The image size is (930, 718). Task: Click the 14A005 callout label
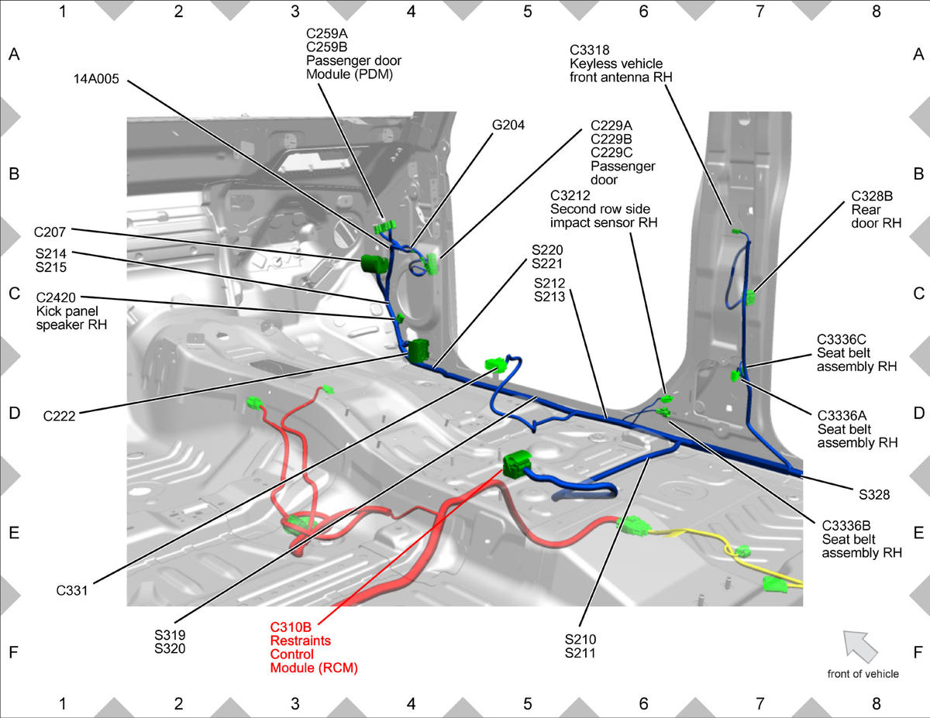(96, 79)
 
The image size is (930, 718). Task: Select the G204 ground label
(508, 125)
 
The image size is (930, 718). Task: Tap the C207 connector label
(50, 232)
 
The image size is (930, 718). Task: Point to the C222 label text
(59, 416)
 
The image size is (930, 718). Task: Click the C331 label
(72, 590)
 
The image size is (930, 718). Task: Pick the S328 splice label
(874, 495)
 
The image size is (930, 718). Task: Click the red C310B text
(291, 627)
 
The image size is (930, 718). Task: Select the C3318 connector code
(589, 50)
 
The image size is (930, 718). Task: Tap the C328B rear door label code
(872, 196)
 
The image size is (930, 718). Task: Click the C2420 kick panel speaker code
(56, 297)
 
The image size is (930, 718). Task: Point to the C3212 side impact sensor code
(570, 195)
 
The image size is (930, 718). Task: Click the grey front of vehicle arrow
(859, 646)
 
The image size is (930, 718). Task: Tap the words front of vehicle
(863, 674)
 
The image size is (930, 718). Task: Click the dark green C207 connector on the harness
(374, 263)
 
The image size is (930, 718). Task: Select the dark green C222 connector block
(418, 351)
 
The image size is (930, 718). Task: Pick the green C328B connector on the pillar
(750, 297)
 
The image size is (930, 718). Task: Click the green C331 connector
(494, 365)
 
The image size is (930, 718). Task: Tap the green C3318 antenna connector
(736, 232)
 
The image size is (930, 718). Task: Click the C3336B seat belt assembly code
(846, 526)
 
